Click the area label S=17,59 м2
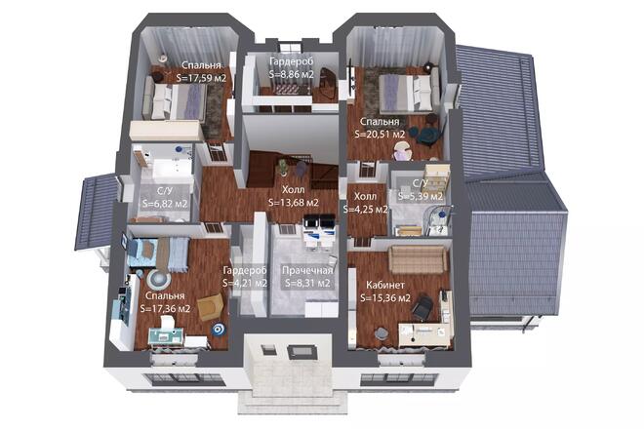point(201,78)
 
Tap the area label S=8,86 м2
point(292,74)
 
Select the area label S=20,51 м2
point(380,134)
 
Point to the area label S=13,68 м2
point(294,203)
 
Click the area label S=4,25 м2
point(366,210)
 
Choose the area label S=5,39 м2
point(421,196)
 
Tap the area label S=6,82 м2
point(165,203)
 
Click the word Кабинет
point(385,285)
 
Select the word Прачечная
point(307,270)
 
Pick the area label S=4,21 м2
point(245,283)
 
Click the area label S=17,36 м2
point(165,309)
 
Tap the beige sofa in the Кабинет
point(418,259)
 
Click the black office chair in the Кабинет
point(423,307)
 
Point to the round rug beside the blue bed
point(159,279)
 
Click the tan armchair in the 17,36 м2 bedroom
point(211,306)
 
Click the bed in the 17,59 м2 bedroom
point(175,101)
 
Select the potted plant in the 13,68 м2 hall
point(283,167)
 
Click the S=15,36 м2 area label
point(385,298)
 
